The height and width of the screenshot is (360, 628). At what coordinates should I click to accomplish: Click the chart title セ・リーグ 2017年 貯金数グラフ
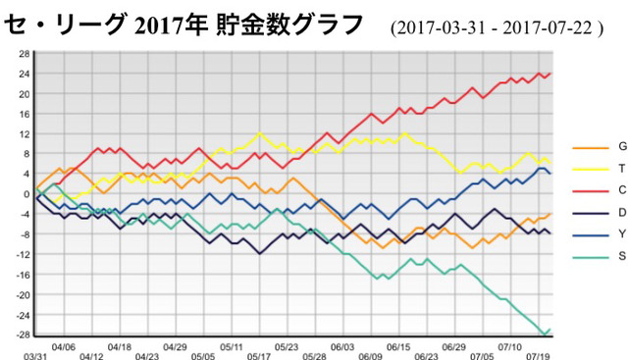183,26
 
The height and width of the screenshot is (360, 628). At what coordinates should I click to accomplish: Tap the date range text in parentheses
497,28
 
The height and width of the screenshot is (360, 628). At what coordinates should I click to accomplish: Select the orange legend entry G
600,147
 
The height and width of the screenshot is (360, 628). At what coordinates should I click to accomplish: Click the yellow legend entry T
599,169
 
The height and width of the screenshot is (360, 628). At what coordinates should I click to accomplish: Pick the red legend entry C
600,190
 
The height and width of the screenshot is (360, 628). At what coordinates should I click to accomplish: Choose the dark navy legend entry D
600,213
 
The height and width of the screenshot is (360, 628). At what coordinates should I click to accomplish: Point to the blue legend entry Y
600,234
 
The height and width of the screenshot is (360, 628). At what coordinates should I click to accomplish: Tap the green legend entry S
600,256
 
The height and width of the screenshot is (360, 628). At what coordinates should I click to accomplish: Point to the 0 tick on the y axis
26,194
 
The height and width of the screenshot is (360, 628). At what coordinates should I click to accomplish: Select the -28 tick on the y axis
23,334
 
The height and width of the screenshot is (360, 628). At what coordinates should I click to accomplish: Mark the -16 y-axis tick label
23,275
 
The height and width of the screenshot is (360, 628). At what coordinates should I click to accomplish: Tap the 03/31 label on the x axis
35,356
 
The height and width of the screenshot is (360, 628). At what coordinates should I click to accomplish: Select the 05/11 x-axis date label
232,347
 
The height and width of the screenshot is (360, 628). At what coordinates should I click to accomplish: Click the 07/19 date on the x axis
538,356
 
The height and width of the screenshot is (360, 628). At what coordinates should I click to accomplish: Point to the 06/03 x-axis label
342,347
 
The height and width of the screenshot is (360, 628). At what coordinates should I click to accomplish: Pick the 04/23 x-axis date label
147,356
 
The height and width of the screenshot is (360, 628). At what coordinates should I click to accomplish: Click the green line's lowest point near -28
545,334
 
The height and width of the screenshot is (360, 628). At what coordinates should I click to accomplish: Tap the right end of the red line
550,74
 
